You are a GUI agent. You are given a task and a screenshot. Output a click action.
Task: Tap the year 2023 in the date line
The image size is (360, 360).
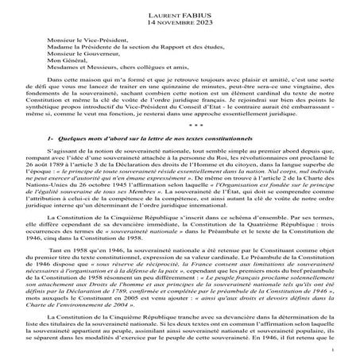pyautogui.click(x=211, y=23)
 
